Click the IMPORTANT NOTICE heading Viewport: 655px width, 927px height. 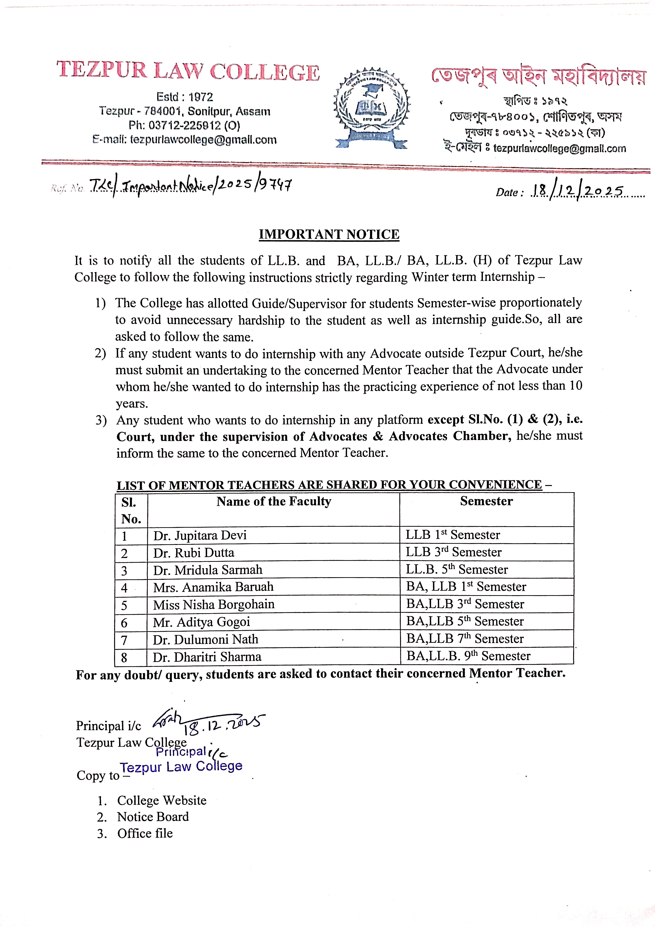click(x=329, y=234)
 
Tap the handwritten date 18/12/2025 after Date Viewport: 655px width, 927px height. click(x=577, y=191)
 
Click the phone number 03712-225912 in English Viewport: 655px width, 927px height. click(x=184, y=126)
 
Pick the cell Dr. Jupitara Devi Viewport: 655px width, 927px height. click(x=200, y=535)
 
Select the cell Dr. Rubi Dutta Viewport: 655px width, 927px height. click(x=194, y=553)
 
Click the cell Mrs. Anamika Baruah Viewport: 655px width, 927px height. click(x=213, y=587)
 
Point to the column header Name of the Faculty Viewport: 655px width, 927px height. click(x=274, y=501)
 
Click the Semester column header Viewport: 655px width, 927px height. click(x=486, y=501)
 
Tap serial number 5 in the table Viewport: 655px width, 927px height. click(x=124, y=605)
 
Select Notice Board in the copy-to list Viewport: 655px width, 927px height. click(x=153, y=817)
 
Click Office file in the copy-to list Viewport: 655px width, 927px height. click(x=145, y=833)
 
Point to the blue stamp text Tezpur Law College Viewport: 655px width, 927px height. click(x=181, y=767)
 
